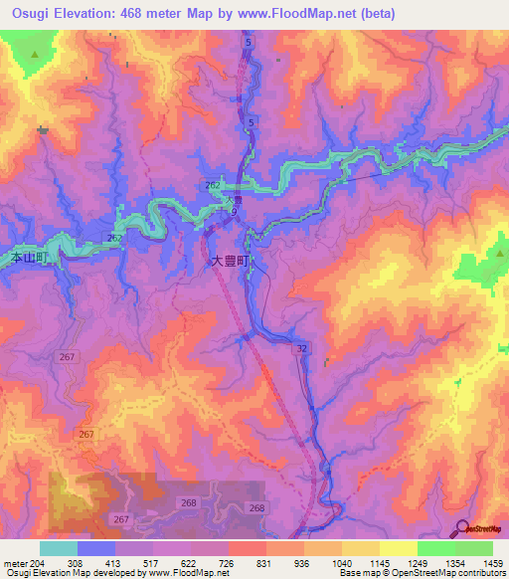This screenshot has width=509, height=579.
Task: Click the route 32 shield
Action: [300, 348]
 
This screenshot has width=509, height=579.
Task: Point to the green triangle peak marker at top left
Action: [36, 54]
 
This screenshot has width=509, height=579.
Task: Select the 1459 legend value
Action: [492, 563]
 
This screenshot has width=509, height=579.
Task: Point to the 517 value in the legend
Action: [152, 563]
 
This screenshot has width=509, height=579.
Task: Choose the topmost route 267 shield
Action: [114, 239]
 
